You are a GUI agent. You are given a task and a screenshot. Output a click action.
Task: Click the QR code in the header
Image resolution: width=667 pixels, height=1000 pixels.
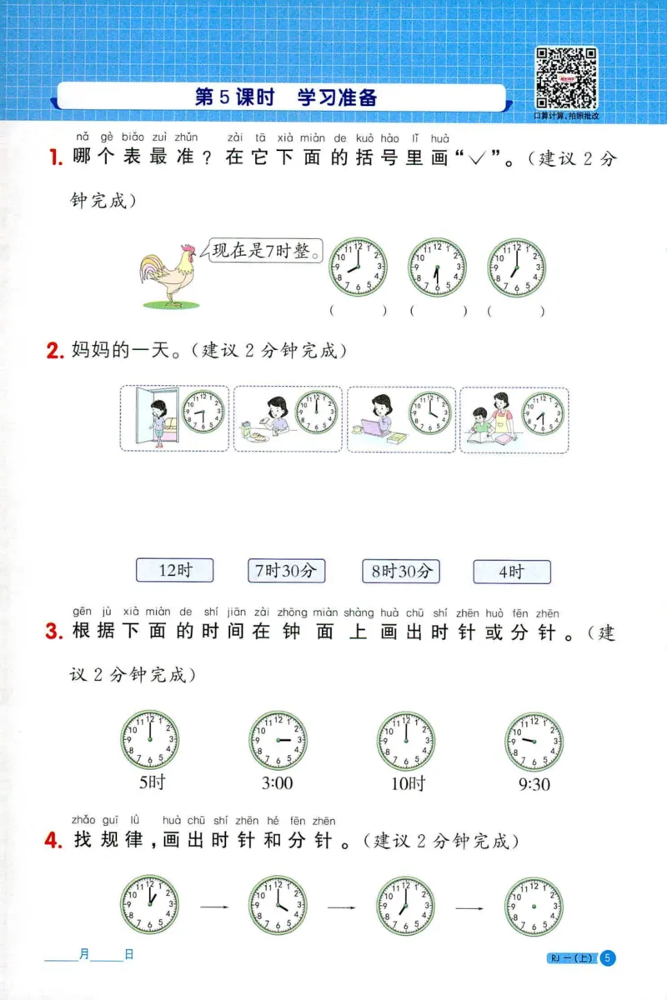(566, 77)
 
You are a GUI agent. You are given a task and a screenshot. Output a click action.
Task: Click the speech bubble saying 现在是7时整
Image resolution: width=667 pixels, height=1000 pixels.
(265, 251)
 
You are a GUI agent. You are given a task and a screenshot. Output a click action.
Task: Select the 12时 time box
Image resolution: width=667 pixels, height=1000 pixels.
(175, 571)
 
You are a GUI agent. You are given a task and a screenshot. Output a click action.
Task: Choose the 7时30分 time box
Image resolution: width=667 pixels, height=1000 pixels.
(286, 571)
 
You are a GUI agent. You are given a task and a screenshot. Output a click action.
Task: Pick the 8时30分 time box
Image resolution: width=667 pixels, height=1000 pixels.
(401, 571)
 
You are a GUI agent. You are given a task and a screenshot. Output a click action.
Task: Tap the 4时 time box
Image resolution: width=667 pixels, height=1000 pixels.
(511, 572)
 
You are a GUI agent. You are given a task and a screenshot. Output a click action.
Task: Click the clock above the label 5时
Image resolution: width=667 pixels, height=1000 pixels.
(150, 740)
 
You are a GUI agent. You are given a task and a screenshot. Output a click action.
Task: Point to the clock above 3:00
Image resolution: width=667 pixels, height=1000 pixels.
(278, 740)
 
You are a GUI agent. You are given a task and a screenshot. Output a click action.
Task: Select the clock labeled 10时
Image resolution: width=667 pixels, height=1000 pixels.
(406, 740)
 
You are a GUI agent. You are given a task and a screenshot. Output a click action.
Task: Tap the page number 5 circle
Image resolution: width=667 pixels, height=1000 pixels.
(608, 958)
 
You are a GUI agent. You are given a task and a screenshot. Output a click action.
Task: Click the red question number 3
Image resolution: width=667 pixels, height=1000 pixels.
(55, 632)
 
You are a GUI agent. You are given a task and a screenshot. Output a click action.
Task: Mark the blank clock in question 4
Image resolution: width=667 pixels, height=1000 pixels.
(534, 904)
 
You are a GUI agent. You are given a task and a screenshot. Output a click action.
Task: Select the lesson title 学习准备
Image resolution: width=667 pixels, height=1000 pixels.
(338, 97)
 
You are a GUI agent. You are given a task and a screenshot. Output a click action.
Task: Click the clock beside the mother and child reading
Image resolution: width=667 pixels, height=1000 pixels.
(543, 413)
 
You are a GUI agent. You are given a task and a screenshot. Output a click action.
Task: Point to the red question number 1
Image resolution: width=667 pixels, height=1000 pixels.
(55, 157)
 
